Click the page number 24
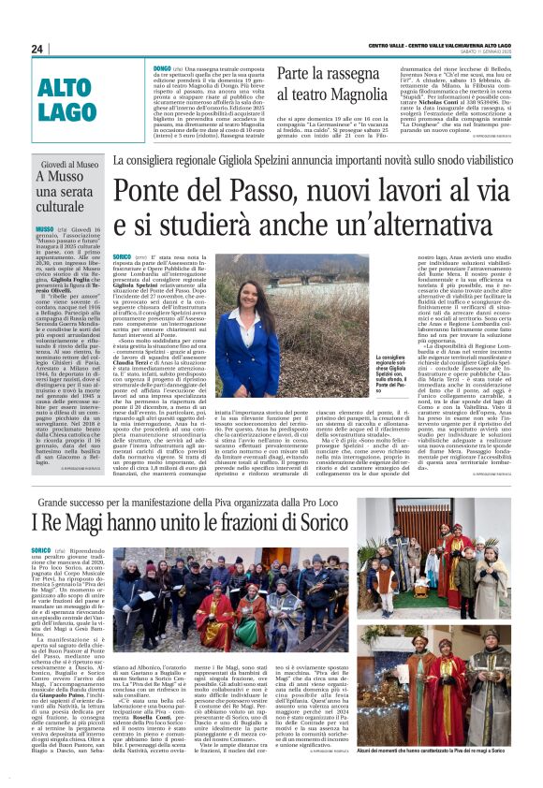[37, 49]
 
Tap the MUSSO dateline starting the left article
[44, 228]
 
